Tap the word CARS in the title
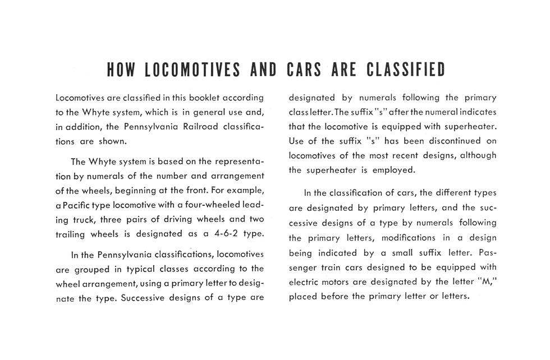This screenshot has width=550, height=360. pos(304,70)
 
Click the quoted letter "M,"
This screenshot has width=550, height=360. pos(487,281)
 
